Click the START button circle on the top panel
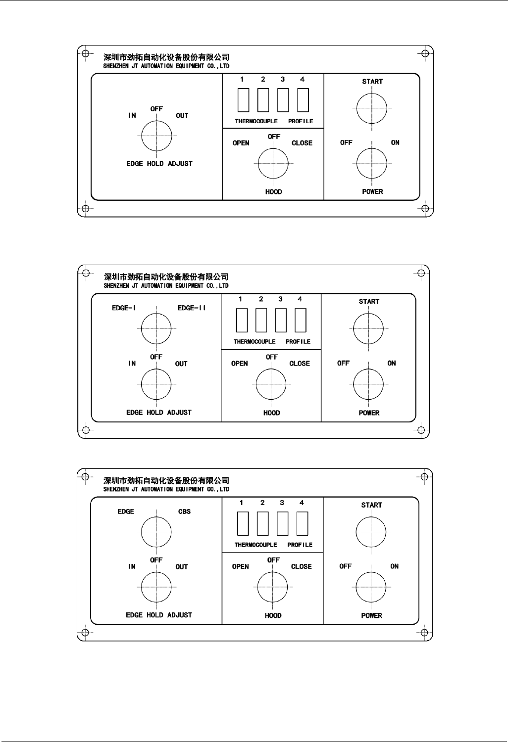coord(372,108)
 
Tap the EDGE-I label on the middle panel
coord(124,308)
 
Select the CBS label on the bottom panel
coord(184,511)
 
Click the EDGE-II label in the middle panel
coord(192,308)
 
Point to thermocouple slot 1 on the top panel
coord(243,100)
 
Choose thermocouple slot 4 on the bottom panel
coord(302,523)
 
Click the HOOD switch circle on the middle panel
coord(271,384)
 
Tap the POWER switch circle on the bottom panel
coord(371,587)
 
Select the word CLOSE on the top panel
coord(302,143)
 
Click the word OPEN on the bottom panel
coord(240,566)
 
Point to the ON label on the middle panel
coord(391,363)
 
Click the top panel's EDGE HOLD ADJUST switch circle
coord(156,136)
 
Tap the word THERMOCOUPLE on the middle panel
coord(254,341)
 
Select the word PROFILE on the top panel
coord(301,121)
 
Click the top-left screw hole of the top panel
coord(85,53)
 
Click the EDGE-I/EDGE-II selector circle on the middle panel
coord(156,328)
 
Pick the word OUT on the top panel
coord(182,116)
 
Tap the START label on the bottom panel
coord(371,505)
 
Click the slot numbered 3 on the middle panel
coord(281,320)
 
